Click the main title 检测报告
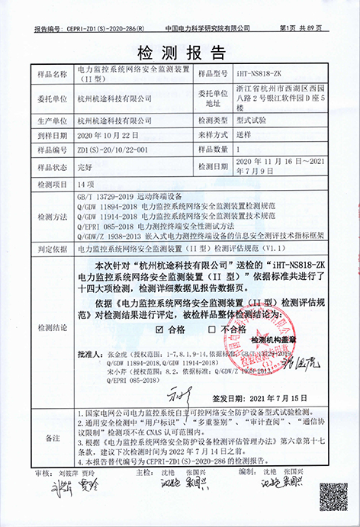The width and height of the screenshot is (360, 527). coord(180,53)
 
